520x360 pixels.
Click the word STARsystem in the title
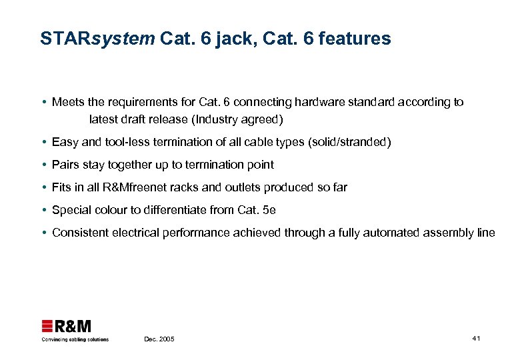click(97, 39)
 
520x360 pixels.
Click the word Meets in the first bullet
click(68, 102)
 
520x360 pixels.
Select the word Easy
click(65, 142)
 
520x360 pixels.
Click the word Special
click(71, 210)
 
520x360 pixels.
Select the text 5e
click(269, 210)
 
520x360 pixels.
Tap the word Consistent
click(79, 233)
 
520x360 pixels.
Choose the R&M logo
click(67, 326)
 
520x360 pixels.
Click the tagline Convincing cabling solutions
click(75, 339)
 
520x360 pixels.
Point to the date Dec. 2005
click(159, 339)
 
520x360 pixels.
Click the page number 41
click(476, 339)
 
